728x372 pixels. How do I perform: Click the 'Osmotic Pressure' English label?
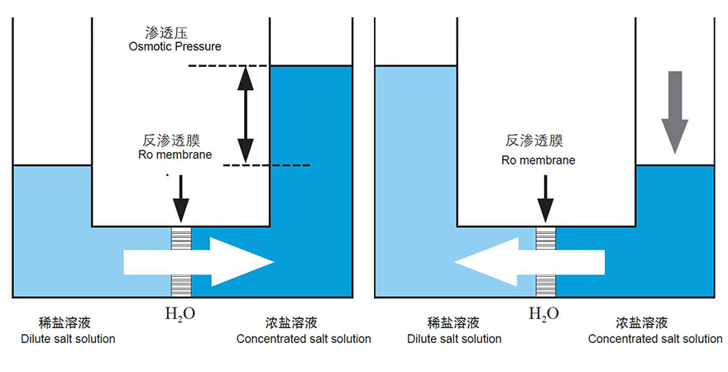175,46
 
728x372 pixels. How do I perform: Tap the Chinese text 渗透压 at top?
164,33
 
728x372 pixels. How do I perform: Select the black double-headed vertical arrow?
245,114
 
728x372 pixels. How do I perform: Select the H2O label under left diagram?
180,313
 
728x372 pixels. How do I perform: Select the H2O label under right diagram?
544,313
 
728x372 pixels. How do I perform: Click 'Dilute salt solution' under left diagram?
68,339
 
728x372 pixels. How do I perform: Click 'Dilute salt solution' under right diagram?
453,339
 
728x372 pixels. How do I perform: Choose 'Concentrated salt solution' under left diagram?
304,339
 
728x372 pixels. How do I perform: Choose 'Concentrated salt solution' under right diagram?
655,339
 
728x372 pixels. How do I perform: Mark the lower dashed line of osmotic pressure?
266,165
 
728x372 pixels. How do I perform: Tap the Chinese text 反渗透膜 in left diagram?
165,141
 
